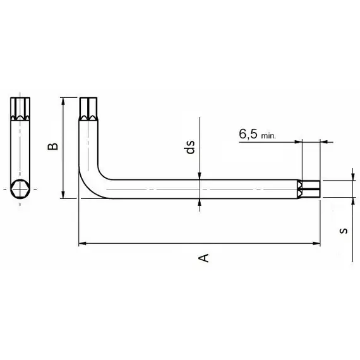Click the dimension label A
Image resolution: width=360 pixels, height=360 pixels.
[x=203, y=258]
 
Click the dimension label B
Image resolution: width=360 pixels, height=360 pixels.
[x=52, y=147]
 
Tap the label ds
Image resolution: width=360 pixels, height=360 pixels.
[x=189, y=147]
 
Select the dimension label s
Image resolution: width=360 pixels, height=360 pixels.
[x=344, y=231]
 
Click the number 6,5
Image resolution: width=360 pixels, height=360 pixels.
[x=248, y=134]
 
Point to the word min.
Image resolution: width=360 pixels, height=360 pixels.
[x=268, y=136]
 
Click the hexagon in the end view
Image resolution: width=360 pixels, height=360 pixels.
[x=20, y=189]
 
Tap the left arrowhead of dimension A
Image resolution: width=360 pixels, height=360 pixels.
[x=83, y=243]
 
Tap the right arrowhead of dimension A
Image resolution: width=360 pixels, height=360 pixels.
[x=316, y=243]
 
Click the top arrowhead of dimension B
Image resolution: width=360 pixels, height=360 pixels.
[x=63, y=102]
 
